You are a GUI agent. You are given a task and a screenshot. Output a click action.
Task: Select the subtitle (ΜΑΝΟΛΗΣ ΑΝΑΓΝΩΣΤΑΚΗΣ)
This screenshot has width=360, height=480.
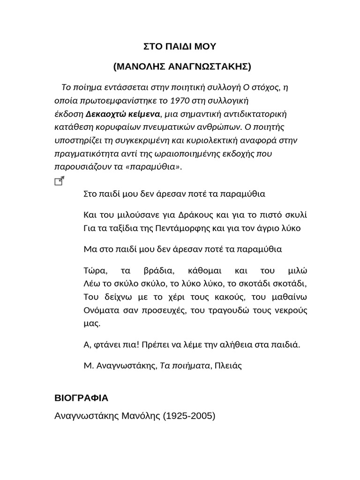[x=181, y=67]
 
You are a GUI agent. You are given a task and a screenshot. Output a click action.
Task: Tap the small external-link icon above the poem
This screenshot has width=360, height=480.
[x=60, y=181]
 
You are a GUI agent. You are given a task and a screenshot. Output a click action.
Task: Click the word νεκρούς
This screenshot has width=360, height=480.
[x=290, y=310]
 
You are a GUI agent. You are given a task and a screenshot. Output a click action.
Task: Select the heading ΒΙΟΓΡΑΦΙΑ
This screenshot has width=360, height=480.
[x=82, y=398]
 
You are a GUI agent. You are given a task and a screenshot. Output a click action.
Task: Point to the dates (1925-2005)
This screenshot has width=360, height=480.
[x=189, y=416]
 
